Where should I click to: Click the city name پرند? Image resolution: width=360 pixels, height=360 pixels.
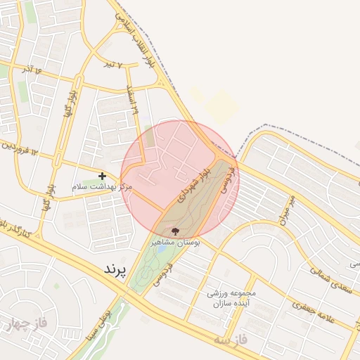114,269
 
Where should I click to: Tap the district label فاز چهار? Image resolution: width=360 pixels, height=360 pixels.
25,324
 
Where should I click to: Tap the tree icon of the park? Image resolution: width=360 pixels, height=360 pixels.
175,230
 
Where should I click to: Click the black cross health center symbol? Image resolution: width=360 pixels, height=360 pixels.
103,175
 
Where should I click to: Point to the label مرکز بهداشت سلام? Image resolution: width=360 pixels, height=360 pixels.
103,187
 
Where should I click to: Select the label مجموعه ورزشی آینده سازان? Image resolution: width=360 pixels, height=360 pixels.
231,297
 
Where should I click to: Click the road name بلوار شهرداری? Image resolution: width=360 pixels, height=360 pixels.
193,186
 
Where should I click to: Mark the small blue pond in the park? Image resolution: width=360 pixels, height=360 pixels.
162,248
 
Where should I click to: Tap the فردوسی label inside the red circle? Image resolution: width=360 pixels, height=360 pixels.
224,182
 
